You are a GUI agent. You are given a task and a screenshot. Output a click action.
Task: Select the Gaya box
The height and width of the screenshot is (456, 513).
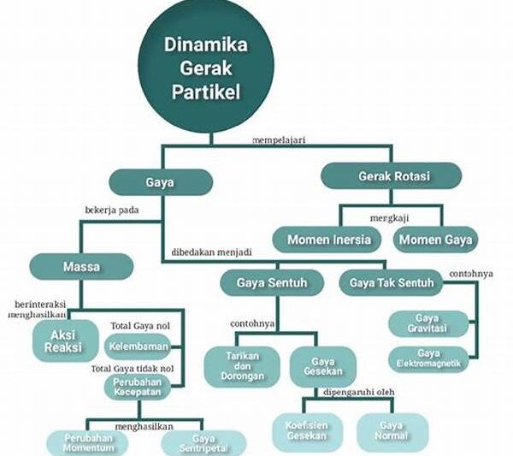click(160, 181)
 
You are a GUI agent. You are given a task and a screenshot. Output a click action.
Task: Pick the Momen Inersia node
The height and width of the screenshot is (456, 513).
click(329, 240)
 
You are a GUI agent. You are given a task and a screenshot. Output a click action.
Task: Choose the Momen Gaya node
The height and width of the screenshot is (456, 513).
click(435, 240)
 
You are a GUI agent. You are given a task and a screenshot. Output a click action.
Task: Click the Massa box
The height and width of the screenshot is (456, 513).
click(81, 266)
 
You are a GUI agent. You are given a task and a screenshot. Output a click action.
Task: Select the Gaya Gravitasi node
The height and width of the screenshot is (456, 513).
click(429, 323)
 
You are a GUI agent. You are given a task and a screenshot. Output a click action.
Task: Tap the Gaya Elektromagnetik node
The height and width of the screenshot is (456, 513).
click(429, 358)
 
